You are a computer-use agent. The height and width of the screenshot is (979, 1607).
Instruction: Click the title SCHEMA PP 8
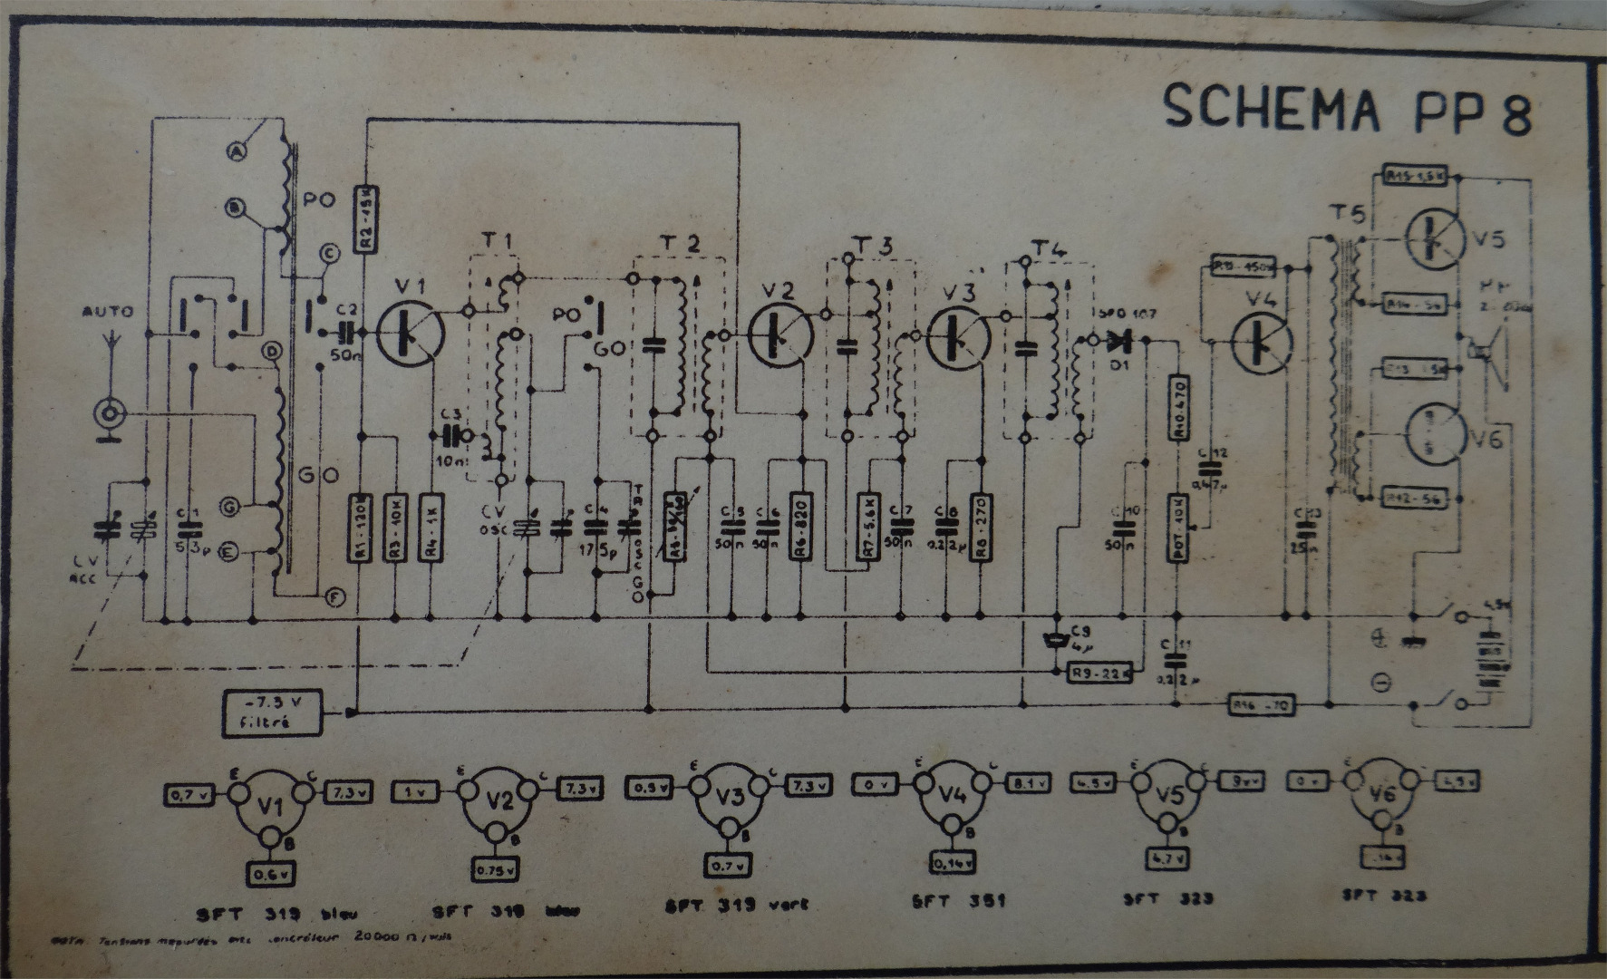click(x=1347, y=109)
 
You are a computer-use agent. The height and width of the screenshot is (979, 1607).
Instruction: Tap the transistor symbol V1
click(x=411, y=333)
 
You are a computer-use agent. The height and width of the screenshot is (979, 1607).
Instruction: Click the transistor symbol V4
click(x=1261, y=341)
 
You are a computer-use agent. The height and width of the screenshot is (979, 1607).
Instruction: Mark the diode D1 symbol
click(x=1121, y=341)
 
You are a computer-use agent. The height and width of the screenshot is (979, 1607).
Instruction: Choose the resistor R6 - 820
click(x=799, y=527)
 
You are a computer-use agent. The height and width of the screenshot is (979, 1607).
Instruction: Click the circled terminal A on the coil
click(x=239, y=154)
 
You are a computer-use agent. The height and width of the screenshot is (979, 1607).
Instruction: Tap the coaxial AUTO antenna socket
click(x=110, y=415)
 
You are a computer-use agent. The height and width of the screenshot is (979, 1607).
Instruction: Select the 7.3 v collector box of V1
click(x=347, y=792)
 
